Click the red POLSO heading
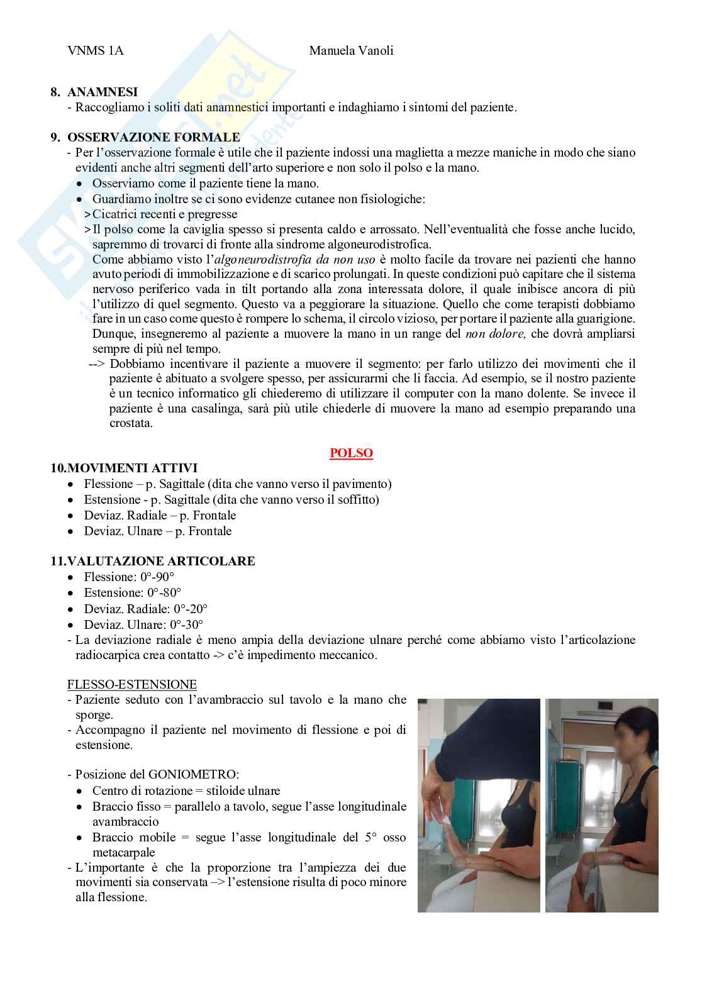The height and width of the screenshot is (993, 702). [351, 453]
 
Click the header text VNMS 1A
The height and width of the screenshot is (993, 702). [95, 51]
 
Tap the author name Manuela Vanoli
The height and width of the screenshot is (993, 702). [351, 51]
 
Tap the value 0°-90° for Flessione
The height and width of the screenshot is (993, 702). [157, 577]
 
